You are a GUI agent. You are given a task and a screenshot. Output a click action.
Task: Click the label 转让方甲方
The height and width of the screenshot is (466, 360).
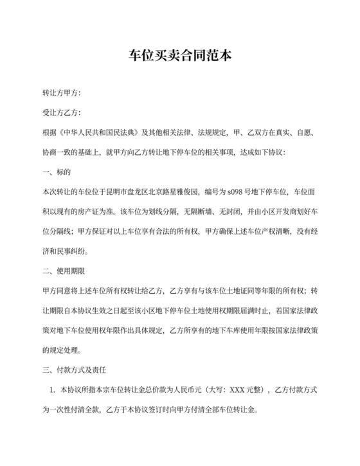60,94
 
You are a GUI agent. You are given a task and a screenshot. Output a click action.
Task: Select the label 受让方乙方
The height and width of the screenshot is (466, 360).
60,113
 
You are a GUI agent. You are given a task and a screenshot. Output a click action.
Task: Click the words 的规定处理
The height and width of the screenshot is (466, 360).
60,351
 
